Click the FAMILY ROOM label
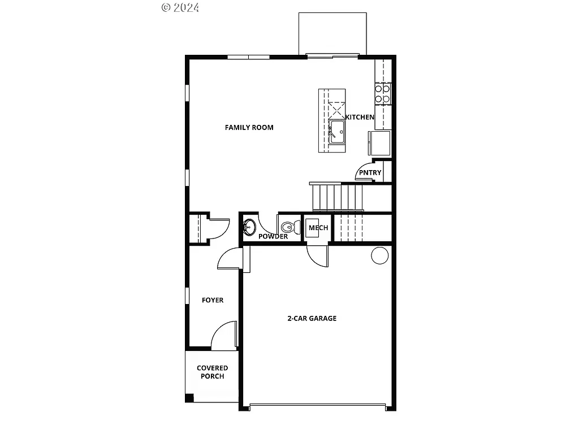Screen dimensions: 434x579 [249, 128]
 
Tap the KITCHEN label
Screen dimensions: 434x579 [360, 117]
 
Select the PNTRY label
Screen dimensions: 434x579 [370, 173]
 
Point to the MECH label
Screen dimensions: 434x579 [318, 228]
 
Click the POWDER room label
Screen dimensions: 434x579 [273, 236]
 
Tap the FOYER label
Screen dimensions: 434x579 [213, 300]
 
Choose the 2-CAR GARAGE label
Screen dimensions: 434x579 [312, 318]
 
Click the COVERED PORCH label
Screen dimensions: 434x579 [212, 372]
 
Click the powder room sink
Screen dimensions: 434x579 [249, 228]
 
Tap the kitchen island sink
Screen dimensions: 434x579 [338, 131]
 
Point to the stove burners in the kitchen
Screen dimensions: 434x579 [382, 94]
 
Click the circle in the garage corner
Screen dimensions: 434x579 [379, 255]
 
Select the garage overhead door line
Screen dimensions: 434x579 [317, 404]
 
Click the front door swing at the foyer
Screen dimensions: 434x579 [225, 335]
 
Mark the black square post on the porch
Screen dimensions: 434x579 [189, 398]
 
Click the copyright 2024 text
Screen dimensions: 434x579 [180, 7]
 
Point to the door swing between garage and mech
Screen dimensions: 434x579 [317, 256]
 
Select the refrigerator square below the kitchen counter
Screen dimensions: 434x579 [379, 142]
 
